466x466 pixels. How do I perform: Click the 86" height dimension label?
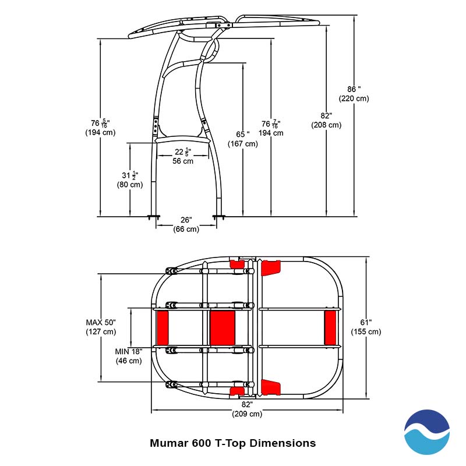(x=354, y=94)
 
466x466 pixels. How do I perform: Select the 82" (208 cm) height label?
(x=326, y=120)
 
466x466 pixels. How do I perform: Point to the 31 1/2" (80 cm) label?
(x=130, y=179)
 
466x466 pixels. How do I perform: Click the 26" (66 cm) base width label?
(x=186, y=224)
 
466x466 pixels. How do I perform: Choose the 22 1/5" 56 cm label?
(x=183, y=156)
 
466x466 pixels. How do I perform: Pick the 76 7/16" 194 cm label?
(x=271, y=128)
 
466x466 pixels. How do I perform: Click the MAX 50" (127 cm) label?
(x=101, y=327)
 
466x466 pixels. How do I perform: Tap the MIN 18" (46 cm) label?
(x=128, y=355)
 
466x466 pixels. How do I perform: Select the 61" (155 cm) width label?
(x=366, y=327)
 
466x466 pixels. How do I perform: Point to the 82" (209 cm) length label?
(x=247, y=409)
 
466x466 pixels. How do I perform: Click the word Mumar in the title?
(x=168, y=443)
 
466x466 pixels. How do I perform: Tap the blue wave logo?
(x=427, y=432)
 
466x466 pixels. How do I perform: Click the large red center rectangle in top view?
(x=222, y=327)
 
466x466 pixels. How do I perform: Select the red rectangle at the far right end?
(x=330, y=327)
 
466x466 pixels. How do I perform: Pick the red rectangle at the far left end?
(x=162, y=327)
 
